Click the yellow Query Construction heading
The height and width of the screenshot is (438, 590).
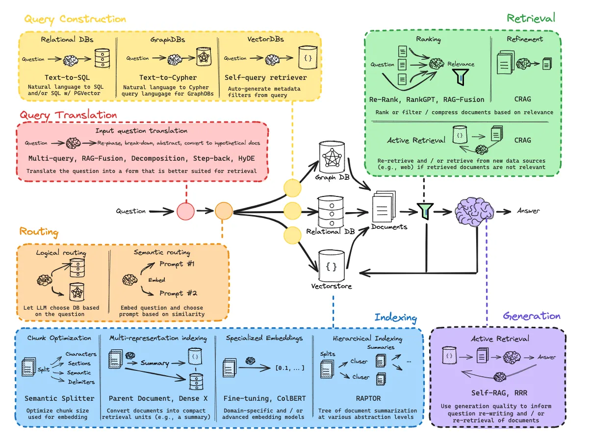(75, 19)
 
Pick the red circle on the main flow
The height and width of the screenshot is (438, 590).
(186, 212)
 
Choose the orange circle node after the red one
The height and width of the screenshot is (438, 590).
(224, 212)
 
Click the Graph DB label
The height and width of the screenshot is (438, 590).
(332, 177)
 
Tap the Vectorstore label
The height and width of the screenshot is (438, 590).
(331, 286)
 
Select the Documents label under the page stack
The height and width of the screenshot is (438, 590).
(389, 227)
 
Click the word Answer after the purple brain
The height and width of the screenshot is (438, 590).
(528, 211)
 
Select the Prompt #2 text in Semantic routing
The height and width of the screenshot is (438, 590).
(178, 293)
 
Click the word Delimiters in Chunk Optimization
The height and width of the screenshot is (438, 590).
(80, 382)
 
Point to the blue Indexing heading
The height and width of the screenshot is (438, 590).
(395, 317)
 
